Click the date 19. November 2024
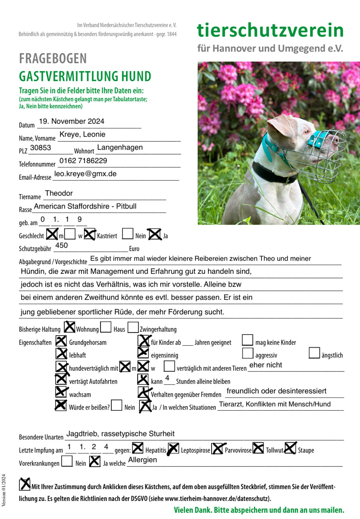72,121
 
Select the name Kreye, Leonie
82,135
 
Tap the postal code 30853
41,148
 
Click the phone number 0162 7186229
83,161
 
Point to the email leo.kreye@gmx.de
85,174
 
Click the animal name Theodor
59,194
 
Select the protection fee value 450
62,246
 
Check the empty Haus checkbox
106,327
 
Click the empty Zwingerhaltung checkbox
133,327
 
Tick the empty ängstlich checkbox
314,353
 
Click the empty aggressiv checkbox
248,353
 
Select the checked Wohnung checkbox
70,327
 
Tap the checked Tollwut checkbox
258,449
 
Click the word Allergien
143,460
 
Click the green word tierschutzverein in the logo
270,30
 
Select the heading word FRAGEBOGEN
53,59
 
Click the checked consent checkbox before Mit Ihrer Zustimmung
25,485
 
